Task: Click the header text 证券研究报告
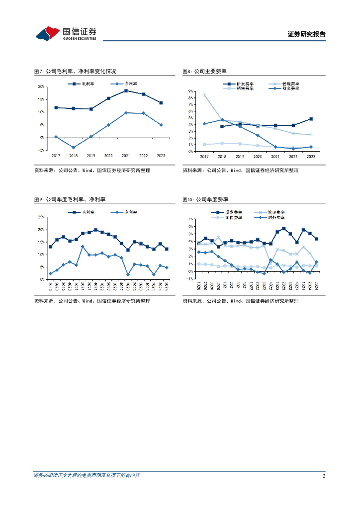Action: pos(306,34)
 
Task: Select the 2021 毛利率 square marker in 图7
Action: pos(126,90)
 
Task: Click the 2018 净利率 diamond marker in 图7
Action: pos(74,147)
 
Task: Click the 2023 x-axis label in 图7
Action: pos(161,156)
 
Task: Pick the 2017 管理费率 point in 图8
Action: pos(204,95)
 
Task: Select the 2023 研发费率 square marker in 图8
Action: pos(311,119)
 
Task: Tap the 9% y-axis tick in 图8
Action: pos(191,91)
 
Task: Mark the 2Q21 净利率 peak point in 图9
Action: pos(83,247)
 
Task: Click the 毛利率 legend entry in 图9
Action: pos(84,212)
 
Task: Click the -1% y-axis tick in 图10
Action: pos(190,279)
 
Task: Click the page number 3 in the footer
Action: pos(324,476)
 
